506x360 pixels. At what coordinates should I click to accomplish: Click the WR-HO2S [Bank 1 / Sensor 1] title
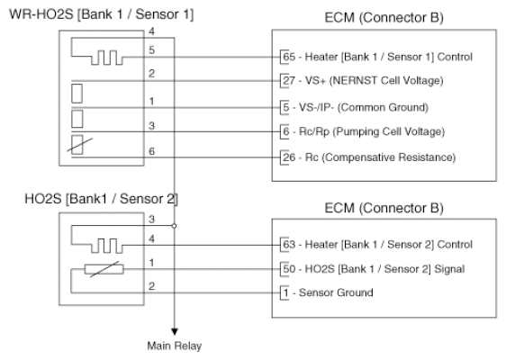(x=102, y=14)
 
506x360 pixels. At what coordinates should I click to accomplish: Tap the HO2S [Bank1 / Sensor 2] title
(x=101, y=199)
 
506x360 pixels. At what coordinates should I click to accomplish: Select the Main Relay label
(x=175, y=346)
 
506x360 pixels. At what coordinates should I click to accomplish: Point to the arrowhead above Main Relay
(x=175, y=331)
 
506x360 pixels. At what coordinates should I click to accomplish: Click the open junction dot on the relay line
(x=175, y=226)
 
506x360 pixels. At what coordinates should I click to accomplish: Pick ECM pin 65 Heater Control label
(x=377, y=57)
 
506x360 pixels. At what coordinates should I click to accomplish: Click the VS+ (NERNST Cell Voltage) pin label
(x=363, y=80)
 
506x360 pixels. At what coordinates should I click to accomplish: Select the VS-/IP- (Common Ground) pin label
(x=356, y=107)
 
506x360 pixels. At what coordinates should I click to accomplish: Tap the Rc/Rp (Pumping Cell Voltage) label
(x=364, y=131)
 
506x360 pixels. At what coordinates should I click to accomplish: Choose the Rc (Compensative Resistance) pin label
(x=369, y=157)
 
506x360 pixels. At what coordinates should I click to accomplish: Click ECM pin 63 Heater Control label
(x=377, y=245)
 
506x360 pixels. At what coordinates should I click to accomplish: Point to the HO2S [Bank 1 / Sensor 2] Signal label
(x=374, y=269)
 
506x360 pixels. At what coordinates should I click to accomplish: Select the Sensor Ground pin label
(x=328, y=292)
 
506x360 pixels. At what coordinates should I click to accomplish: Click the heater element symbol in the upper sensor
(x=107, y=58)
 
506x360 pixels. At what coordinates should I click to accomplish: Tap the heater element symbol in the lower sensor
(x=107, y=246)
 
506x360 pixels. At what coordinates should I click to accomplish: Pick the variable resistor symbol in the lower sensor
(x=104, y=269)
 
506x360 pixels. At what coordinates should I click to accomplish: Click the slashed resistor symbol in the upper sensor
(x=77, y=145)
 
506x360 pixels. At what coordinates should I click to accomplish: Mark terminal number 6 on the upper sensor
(x=151, y=151)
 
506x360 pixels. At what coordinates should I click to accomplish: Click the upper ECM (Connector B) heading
(x=384, y=18)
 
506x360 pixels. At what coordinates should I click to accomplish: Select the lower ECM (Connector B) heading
(x=384, y=208)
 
